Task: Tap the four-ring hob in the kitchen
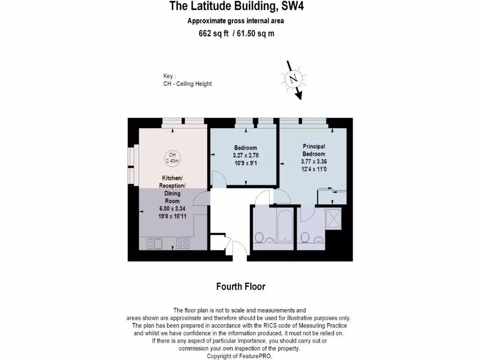coord(182,243)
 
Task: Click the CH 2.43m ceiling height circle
coord(172,158)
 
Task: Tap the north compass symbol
coord(294,79)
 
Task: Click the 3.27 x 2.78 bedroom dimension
coord(246,155)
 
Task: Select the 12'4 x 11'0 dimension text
coord(314,169)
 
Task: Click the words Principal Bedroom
coord(314,150)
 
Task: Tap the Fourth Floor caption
coord(240,286)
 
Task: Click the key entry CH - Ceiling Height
coord(187,84)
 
